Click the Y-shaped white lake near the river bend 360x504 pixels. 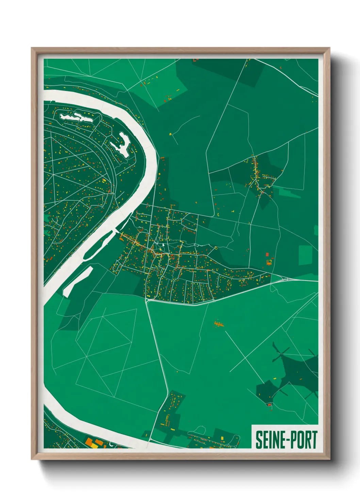click(x=121, y=145)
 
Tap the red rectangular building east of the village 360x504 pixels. click(x=267, y=254)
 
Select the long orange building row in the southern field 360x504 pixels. click(x=218, y=324)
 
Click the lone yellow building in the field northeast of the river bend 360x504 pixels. click(x=170, y=134)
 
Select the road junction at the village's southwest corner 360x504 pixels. click(x=147, y=300)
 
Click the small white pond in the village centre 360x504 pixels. click(x=163, y=244)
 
